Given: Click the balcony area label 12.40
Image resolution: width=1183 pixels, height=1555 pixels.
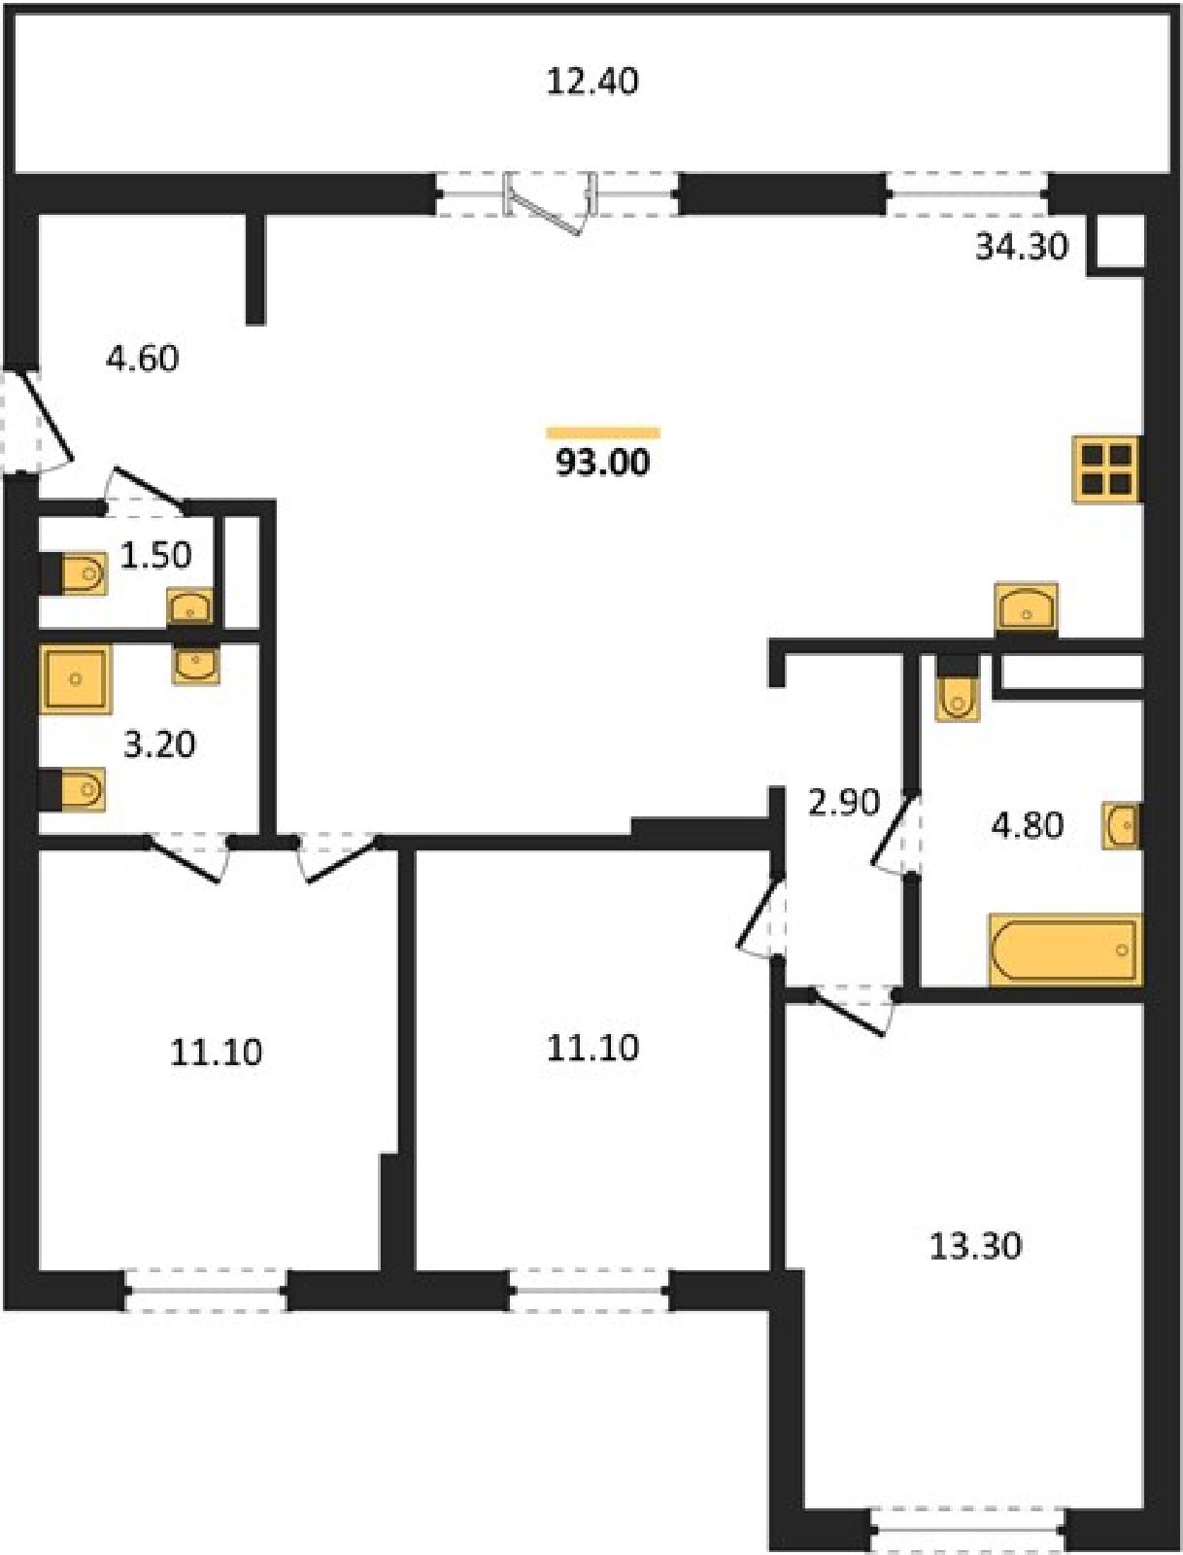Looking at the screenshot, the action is pyautogui.click(x=592, y=83).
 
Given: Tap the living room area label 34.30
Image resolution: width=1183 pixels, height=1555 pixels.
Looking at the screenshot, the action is pyautogui.click(x=1022, y=248).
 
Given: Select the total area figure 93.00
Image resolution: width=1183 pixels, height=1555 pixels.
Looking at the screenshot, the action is pyautogui.click(x=602, y=464).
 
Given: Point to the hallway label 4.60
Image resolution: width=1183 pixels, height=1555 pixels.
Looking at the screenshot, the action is pyautogui.click(x=142, y=359).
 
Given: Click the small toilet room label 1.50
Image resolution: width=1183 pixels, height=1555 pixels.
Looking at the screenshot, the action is pyautogui.click(x=155, y=555).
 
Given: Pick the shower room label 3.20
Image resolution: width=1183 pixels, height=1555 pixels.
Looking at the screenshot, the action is pyautogui.click(x=159, y=745).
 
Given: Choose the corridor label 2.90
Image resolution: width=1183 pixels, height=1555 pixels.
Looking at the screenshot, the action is pyautogui.click(x=844, y=803).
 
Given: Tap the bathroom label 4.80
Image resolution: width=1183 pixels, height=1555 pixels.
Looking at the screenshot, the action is pyautogui.click(x=1028, y=825).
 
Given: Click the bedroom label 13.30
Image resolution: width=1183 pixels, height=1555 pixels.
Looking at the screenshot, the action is pyautogui.click(x=975, y=1247).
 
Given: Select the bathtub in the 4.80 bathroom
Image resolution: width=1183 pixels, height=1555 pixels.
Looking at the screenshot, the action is pyautogui.click(x=1065, y=950).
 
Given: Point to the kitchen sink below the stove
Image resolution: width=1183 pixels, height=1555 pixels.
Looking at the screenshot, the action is pyautogui.click(x=1026, y=605).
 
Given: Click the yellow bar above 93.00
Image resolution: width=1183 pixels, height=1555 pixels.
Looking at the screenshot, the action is pyautogui.click(x=603, y=432).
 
